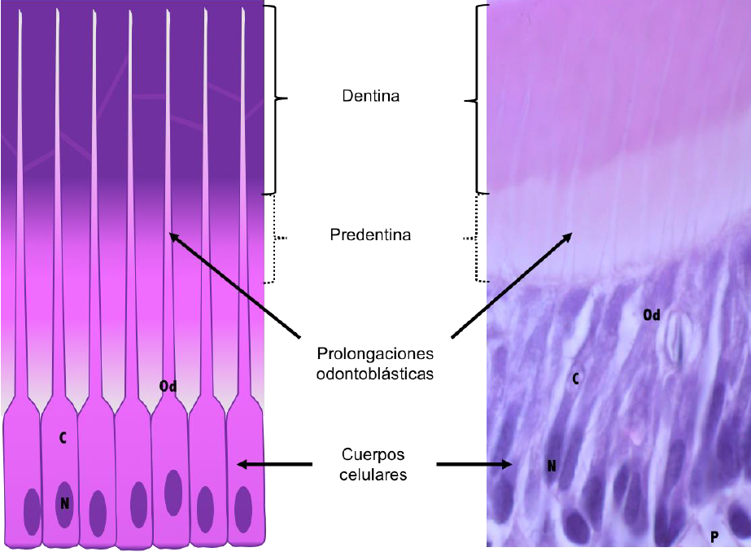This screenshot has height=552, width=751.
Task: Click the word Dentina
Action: click(x=370, y=96)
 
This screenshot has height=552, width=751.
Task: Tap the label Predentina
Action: click(x=370, y=235)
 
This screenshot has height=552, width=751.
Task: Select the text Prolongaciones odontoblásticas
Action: click(x=375, y=364)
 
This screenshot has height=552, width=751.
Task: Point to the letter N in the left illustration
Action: click(x=64, y=504)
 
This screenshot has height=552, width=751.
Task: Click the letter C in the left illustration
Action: click(x=63, y=438)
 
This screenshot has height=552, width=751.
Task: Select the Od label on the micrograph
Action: click(x=651, y=314)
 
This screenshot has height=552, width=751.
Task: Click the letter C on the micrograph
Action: click(x=574, y=379)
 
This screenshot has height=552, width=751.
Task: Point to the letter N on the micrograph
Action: click(x=551, y=467)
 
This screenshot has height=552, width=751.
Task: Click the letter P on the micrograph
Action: click(x=714, y=537)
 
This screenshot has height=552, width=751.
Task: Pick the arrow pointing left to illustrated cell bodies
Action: click(x=274, y=464)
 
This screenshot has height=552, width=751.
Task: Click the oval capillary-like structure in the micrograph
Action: click(x=675, y=340)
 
